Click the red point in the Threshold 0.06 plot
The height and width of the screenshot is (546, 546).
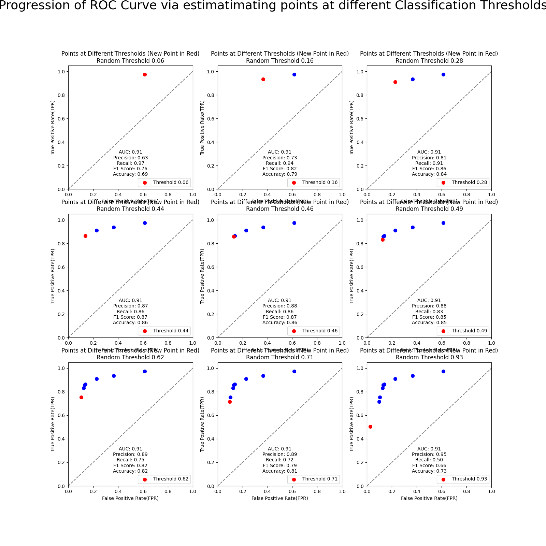point(145,74)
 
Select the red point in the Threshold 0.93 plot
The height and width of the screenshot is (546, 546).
point(370,427)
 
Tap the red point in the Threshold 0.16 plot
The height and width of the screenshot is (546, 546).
point(263,79)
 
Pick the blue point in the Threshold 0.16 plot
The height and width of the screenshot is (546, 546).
point(294,74)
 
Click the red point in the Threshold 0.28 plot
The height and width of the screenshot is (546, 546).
point(395,82)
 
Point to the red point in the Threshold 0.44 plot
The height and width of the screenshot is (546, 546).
point(85,236)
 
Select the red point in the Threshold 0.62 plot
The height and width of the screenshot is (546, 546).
point(81,397)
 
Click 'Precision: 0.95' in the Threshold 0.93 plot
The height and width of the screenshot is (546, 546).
point(429,454)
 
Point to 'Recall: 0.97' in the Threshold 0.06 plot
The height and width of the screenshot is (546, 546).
point(130,163)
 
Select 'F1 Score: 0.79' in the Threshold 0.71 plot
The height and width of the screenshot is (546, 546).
point(279,465)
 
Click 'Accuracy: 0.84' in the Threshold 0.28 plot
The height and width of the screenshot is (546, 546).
point(429,174)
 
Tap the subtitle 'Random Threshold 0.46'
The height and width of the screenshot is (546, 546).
point(279,209)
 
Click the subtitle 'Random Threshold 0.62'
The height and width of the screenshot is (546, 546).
point(130,357)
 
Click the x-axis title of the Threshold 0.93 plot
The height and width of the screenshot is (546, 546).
point(429,498)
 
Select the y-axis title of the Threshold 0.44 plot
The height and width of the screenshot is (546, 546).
point(53,276)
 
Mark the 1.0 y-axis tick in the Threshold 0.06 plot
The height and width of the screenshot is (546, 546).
point(62,72)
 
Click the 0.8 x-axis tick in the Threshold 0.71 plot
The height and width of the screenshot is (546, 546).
point(317,491)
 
